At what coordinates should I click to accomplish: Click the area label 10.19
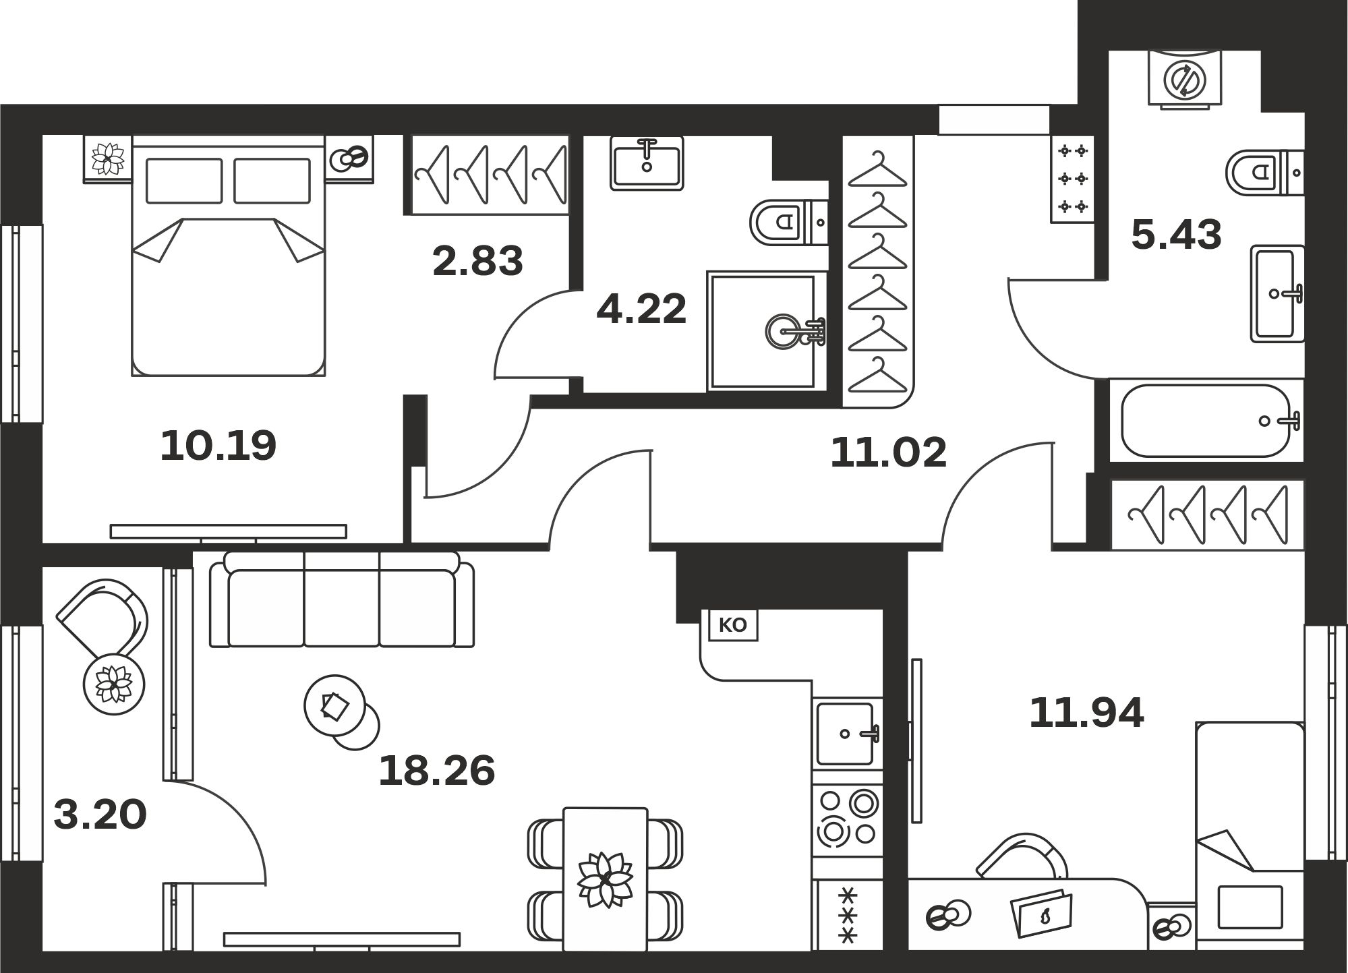(218, 446)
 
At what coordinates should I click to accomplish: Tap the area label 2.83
(477, 262)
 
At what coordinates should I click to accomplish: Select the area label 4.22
(641, 309)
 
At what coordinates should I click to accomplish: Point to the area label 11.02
(889, 452)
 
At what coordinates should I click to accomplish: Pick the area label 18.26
(437, 771)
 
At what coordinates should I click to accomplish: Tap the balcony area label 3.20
(100, 815)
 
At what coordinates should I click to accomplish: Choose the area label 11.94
(1086, 713)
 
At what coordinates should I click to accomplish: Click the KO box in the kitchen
(732, 625)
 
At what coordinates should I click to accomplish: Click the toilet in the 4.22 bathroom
(788, 222)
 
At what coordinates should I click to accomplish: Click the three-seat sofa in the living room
(341, 599)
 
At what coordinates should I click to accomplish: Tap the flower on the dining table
(605, 880)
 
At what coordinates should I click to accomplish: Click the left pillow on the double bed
(184, 181)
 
